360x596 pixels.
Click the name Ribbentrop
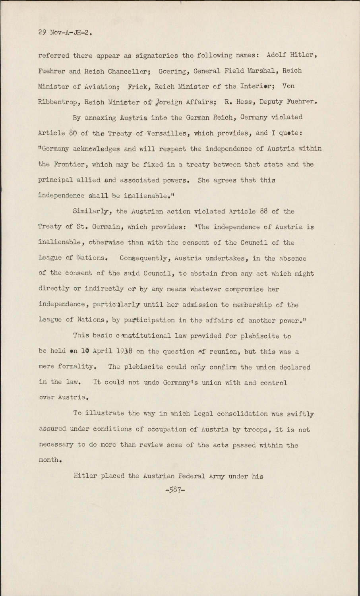(59, 102)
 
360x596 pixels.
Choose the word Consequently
(145, 258)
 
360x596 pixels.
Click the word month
(49, 460)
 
